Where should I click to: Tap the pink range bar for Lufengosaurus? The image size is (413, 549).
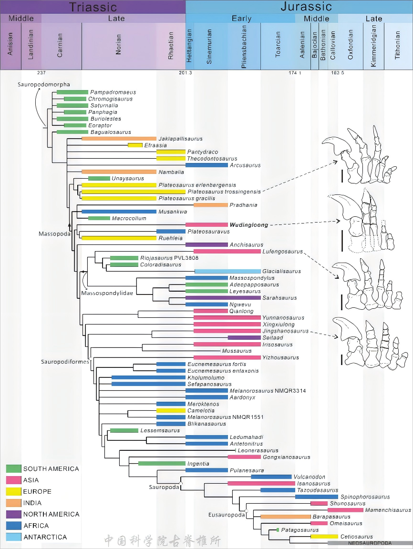point(227,251)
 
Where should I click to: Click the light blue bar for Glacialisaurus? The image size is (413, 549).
point(227,271)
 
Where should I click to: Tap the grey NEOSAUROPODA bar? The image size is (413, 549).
point(370,543)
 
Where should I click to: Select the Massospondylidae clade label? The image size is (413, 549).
point(107,292)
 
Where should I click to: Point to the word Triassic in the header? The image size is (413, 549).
point(93,7)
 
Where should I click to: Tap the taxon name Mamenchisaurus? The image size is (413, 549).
point(388,510)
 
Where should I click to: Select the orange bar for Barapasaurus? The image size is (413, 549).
point(285,517)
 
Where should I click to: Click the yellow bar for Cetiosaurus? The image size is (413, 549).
point(324,537)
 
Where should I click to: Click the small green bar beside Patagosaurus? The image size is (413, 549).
point(278,530)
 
